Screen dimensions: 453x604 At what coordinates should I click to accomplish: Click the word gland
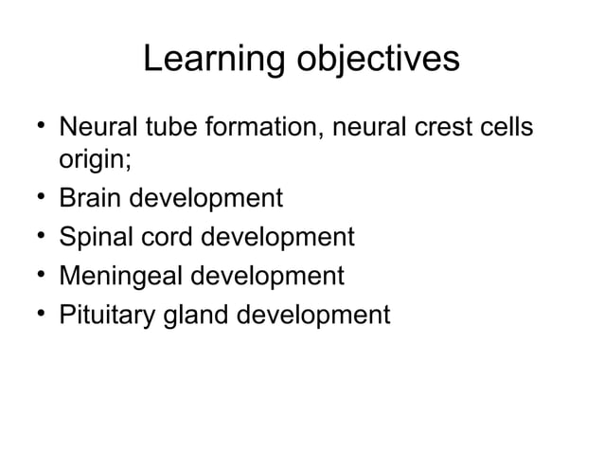point(204,314)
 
